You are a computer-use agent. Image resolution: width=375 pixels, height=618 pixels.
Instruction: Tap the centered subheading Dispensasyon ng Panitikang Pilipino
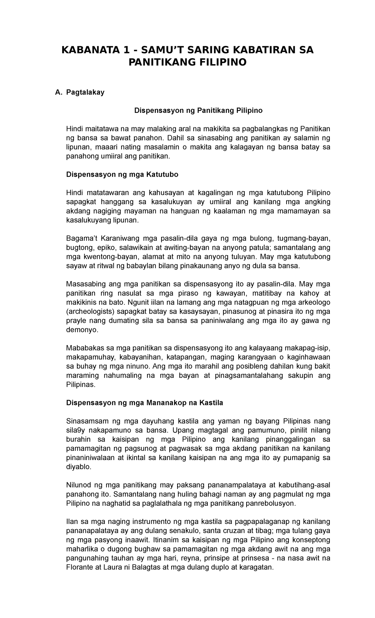pyautogui.click(x=198, y=110)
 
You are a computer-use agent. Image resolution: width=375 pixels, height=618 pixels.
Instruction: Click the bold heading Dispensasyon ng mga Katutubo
pyautogui.click(x=122, y=175)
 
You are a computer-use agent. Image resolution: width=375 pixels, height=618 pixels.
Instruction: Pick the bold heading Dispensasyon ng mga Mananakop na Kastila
pyautogui.click(x=145, y=403)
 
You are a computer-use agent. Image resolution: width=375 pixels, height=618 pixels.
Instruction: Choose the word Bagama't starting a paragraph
pyautogui.click(x=82, y=238)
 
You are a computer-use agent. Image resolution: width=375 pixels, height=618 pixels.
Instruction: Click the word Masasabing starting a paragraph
pyautogui.click(x=85, y=284)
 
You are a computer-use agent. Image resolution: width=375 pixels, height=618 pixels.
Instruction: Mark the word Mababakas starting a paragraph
pyautogui.click(x=84, y=348)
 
